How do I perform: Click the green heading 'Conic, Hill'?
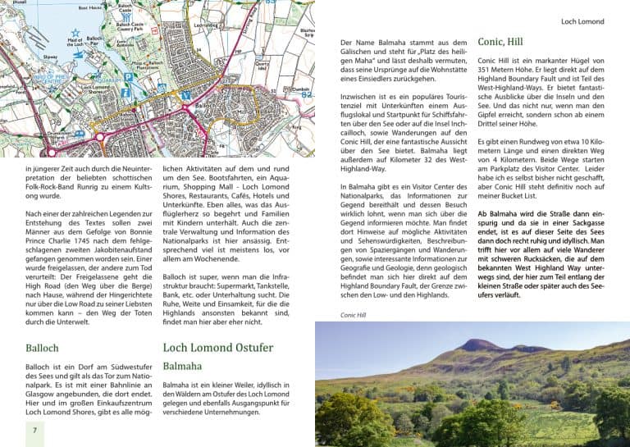pos(500,41)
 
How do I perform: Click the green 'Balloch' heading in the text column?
pos(42,348)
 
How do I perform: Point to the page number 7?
pos(34,431)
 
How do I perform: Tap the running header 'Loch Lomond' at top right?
pos(582,21)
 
